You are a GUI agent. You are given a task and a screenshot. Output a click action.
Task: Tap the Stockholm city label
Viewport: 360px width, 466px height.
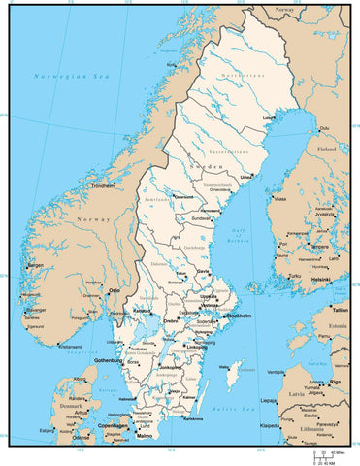coord(240,316)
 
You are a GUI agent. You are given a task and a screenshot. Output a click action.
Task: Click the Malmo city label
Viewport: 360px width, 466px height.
coord(145,436)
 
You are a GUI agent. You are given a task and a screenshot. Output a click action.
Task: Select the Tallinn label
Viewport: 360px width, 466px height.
coord(339,309)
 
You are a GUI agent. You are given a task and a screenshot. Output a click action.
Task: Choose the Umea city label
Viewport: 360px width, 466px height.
coord(246,177)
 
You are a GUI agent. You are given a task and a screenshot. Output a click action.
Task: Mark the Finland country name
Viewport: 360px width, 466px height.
coord(326,150)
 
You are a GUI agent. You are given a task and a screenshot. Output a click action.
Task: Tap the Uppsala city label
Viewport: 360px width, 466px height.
coord(209,296)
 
